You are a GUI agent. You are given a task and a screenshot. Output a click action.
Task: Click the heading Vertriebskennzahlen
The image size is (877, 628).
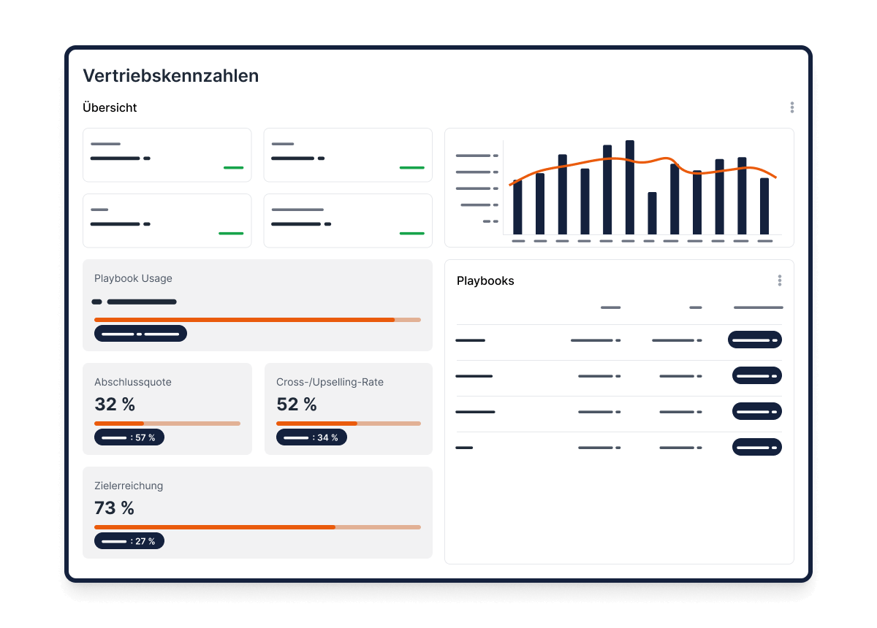pos(170,75)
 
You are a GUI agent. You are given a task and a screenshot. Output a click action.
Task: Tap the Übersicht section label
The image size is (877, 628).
pos(110,107)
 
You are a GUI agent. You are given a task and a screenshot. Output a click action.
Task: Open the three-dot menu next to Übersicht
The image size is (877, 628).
pos(791,107)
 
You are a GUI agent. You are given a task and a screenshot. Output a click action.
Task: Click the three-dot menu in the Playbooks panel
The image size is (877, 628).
pos(779,280)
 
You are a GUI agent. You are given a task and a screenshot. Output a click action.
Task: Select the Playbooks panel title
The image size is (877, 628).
pos(485,280)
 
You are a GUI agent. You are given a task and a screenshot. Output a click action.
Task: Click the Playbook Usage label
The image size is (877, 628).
pos(133,278)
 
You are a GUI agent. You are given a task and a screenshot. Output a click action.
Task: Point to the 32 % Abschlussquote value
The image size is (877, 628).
pos(115,404)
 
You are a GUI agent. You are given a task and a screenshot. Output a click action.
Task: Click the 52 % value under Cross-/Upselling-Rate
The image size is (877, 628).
pos(297,404)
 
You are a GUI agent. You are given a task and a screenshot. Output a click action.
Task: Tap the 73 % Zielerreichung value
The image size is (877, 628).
pos(115,508)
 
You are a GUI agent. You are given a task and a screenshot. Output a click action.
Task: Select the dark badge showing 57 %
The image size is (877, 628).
pos(129,437)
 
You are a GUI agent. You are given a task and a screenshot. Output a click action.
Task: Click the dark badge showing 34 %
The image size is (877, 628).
pos(311,437)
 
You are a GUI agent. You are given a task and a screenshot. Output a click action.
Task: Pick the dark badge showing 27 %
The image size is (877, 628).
pos(129,541)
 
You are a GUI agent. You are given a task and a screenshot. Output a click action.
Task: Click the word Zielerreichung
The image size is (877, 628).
pos(129,486)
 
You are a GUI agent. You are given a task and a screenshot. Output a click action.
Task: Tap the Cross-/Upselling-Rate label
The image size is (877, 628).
pos(330,382)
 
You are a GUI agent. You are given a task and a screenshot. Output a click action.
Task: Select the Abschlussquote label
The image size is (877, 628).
pos(133,382)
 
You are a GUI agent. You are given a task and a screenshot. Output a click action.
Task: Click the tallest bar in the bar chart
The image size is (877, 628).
pos(630,187)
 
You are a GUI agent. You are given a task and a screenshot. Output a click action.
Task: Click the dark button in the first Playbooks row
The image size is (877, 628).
pos(755,340)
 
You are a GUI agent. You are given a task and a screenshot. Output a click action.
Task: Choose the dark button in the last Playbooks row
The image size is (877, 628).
pos(757,447)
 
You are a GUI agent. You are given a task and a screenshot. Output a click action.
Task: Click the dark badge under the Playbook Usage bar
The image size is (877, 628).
pos(140,334)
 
